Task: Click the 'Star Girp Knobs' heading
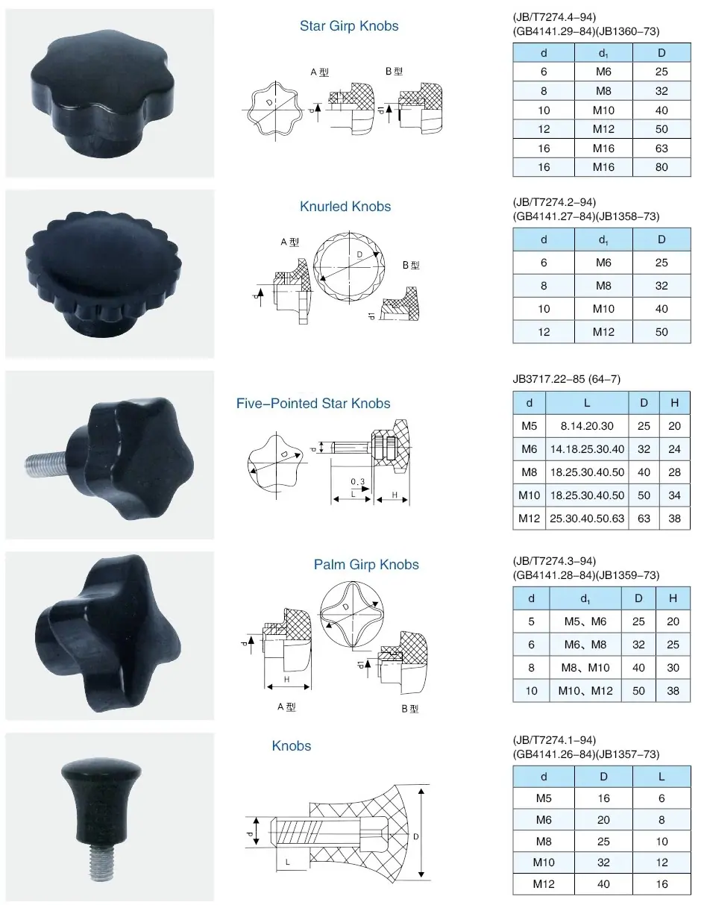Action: [349, 26]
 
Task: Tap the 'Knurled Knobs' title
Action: [345, 207]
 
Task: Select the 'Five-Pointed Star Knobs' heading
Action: [313, 403]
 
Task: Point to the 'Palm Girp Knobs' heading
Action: [366, 565]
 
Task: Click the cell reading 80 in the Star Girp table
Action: [662, 167]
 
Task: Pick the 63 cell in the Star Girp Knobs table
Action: [662, 148]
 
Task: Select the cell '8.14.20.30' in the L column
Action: [587, 425]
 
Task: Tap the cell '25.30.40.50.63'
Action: [587, 518]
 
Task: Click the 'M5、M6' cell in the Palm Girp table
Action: [585, 621]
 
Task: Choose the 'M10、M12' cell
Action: [585, 691]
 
